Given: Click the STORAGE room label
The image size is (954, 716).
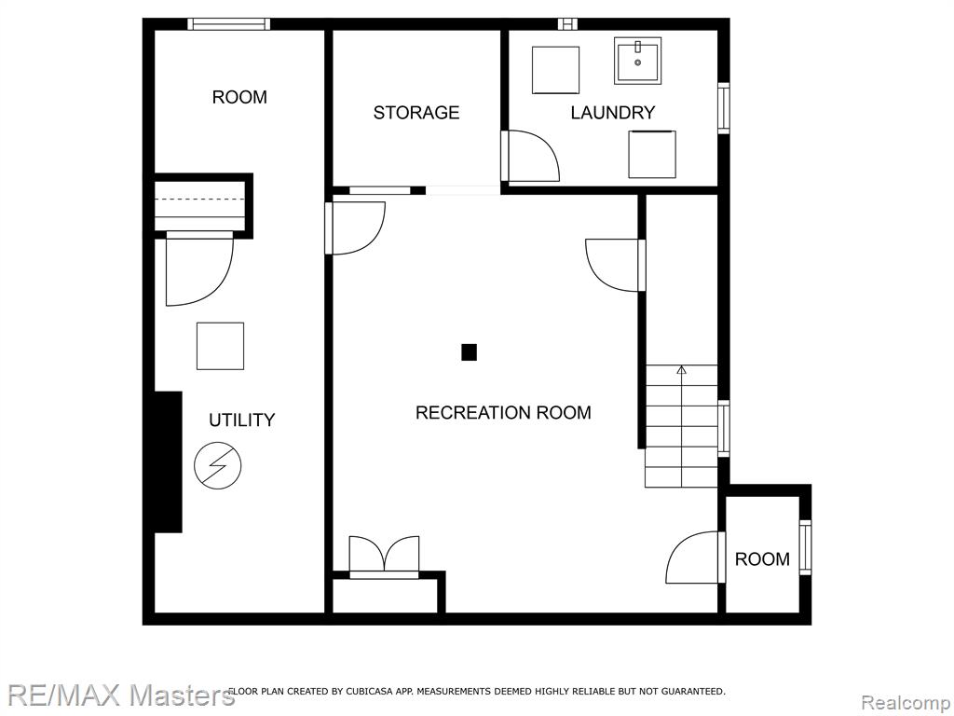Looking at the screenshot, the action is click(x=416, y=113).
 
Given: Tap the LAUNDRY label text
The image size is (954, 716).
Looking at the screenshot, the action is click(x=613, y=113).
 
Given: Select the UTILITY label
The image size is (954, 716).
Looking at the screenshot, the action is click(x=241, y=420).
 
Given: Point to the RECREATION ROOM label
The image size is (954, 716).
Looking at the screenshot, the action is click(x=503, y=413).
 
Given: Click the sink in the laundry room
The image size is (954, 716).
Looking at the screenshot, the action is click(x=637, y=61).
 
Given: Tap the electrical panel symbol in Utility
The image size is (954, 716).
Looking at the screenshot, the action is click(x=218, y=465).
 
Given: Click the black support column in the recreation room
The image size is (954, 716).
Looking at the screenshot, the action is click(x=469, y=352).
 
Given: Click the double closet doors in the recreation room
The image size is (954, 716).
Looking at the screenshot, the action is click(x=384, y=556).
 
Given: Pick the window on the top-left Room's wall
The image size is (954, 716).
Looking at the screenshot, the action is click(x=228, y=23).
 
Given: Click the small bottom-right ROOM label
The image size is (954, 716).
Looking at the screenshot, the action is click(x=762, y=559).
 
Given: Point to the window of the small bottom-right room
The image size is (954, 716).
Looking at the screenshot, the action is click(x=806, y=547).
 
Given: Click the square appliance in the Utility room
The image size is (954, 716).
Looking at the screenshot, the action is click(x=220, y=347).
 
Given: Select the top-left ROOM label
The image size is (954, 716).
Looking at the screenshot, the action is click(x=239, y=97).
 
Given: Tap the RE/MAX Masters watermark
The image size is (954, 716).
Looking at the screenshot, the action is click(x=121, y=695).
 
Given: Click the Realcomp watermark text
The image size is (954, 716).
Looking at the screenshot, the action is click(x=906, y=703).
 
